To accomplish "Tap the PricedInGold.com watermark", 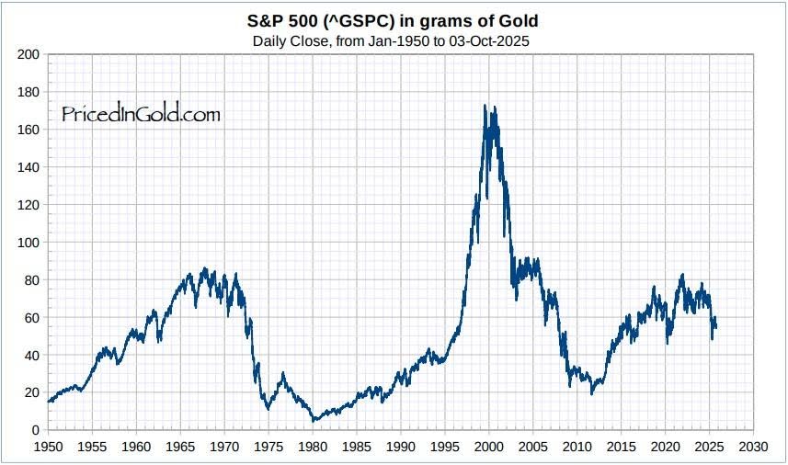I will pyautogui.click(x=141, y=114).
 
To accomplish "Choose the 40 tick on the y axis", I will pyautogui.click(x=31, y=356).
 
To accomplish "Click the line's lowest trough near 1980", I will pyautogui.click(x=314, y=421).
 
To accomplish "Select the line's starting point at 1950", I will pyautogui.click(x=49, y=402).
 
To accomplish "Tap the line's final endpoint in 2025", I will pyautogui.click(x=716, y=326).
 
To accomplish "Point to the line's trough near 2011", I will pyautogui.click(x=592, y=393).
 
